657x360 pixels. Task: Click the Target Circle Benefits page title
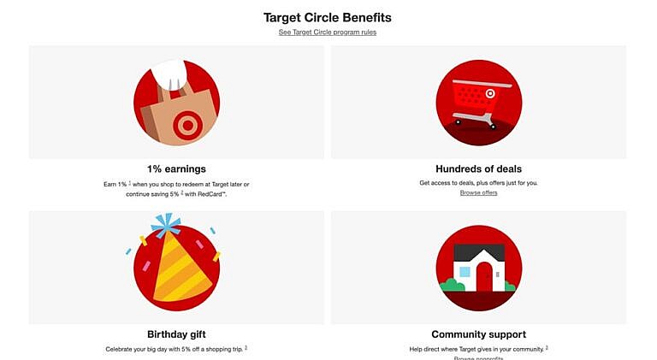(328, 16)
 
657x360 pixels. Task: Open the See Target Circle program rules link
(328, 32)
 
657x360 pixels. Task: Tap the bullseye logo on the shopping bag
(186, 125)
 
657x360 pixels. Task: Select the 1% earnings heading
(176, 168)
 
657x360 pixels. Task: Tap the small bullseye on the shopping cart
(490, 92)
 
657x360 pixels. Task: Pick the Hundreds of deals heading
(478, 168)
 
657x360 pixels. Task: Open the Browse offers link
(478, 192)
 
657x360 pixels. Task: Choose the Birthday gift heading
(176, 333)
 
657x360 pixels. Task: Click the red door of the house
(484, 276)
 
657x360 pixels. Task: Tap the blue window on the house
(464, 272)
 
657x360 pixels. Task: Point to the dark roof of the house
(478, 251)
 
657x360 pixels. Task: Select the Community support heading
(478, 333)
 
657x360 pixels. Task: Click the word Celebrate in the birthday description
(121, 349)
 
